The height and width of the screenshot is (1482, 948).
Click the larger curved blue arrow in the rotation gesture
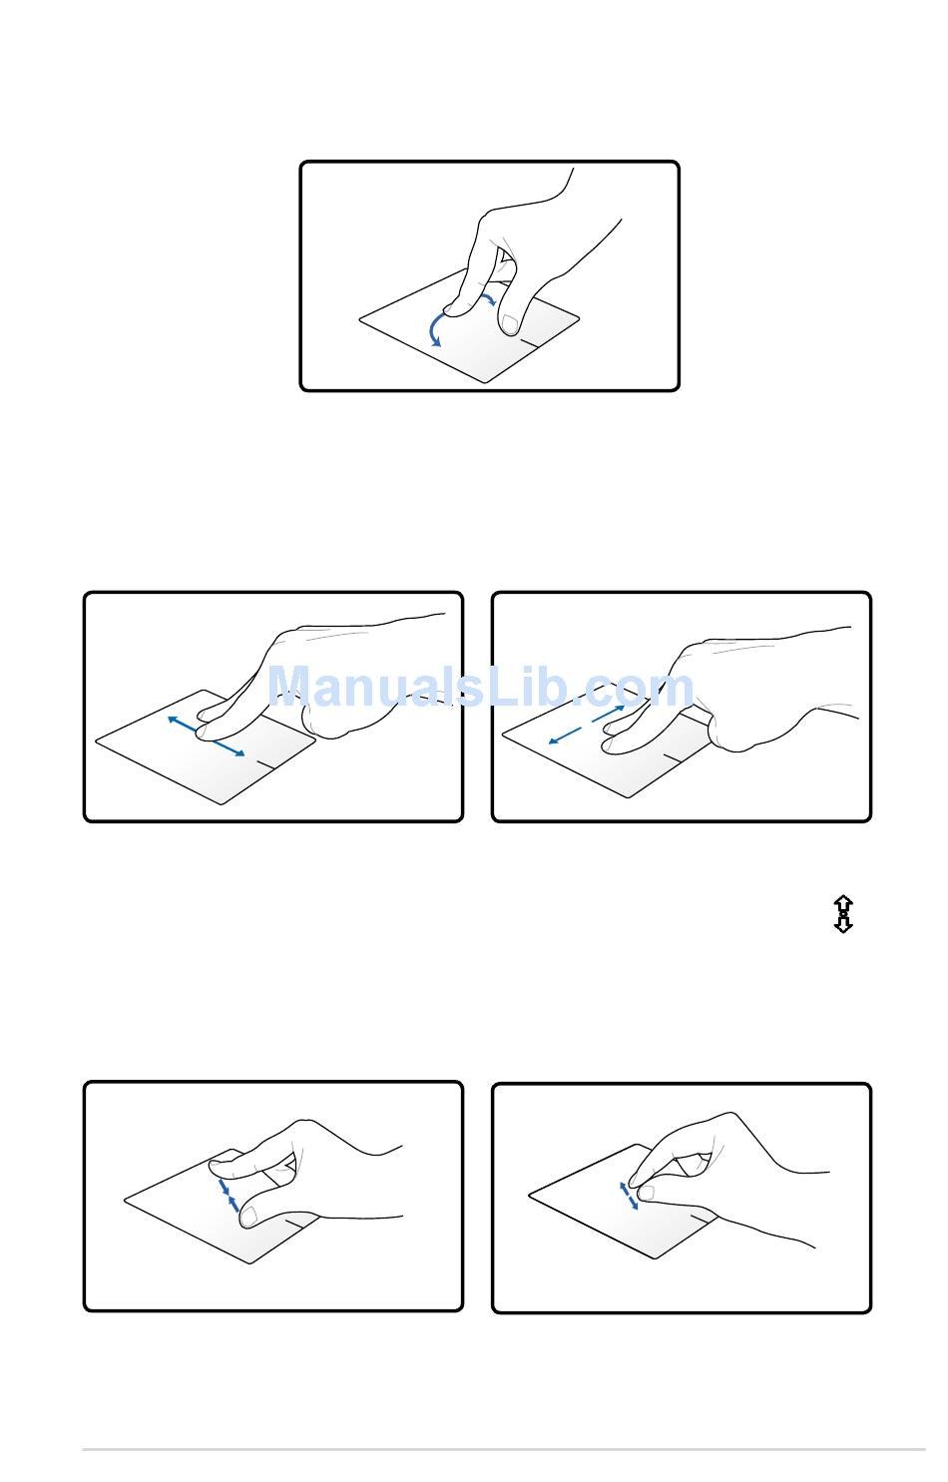431,327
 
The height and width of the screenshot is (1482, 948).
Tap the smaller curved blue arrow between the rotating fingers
488,296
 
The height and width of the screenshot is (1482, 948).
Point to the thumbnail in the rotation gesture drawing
509,324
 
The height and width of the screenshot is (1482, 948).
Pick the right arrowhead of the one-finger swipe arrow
238,751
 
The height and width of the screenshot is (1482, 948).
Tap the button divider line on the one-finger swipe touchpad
264,764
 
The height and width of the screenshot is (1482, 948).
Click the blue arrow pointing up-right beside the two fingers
608,714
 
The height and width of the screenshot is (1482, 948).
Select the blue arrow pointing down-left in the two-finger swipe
565,736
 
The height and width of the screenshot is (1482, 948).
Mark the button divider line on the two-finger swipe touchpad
674,756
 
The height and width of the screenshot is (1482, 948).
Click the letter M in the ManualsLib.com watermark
289,687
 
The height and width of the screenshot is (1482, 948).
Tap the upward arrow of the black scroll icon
843,903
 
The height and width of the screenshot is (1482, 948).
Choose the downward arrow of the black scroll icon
843,923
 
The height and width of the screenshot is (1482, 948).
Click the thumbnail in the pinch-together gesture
248,1216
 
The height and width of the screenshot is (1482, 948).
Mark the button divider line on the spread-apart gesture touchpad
700,1217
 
